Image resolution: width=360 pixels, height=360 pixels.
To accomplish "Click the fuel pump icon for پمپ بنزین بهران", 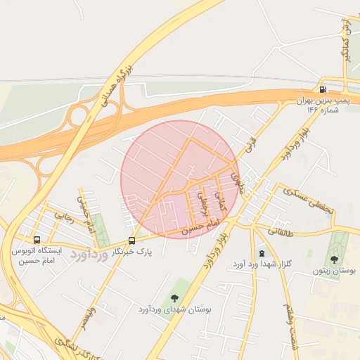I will pos(323,89).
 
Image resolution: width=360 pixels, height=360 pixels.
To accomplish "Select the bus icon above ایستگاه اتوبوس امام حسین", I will pos(37,239).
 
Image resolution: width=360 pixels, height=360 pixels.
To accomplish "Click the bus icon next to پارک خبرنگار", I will pos(131,240).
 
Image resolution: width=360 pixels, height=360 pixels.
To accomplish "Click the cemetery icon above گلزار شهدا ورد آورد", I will pos(262,252).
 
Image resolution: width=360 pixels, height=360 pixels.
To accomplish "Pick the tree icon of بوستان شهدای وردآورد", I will pos(174,297).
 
